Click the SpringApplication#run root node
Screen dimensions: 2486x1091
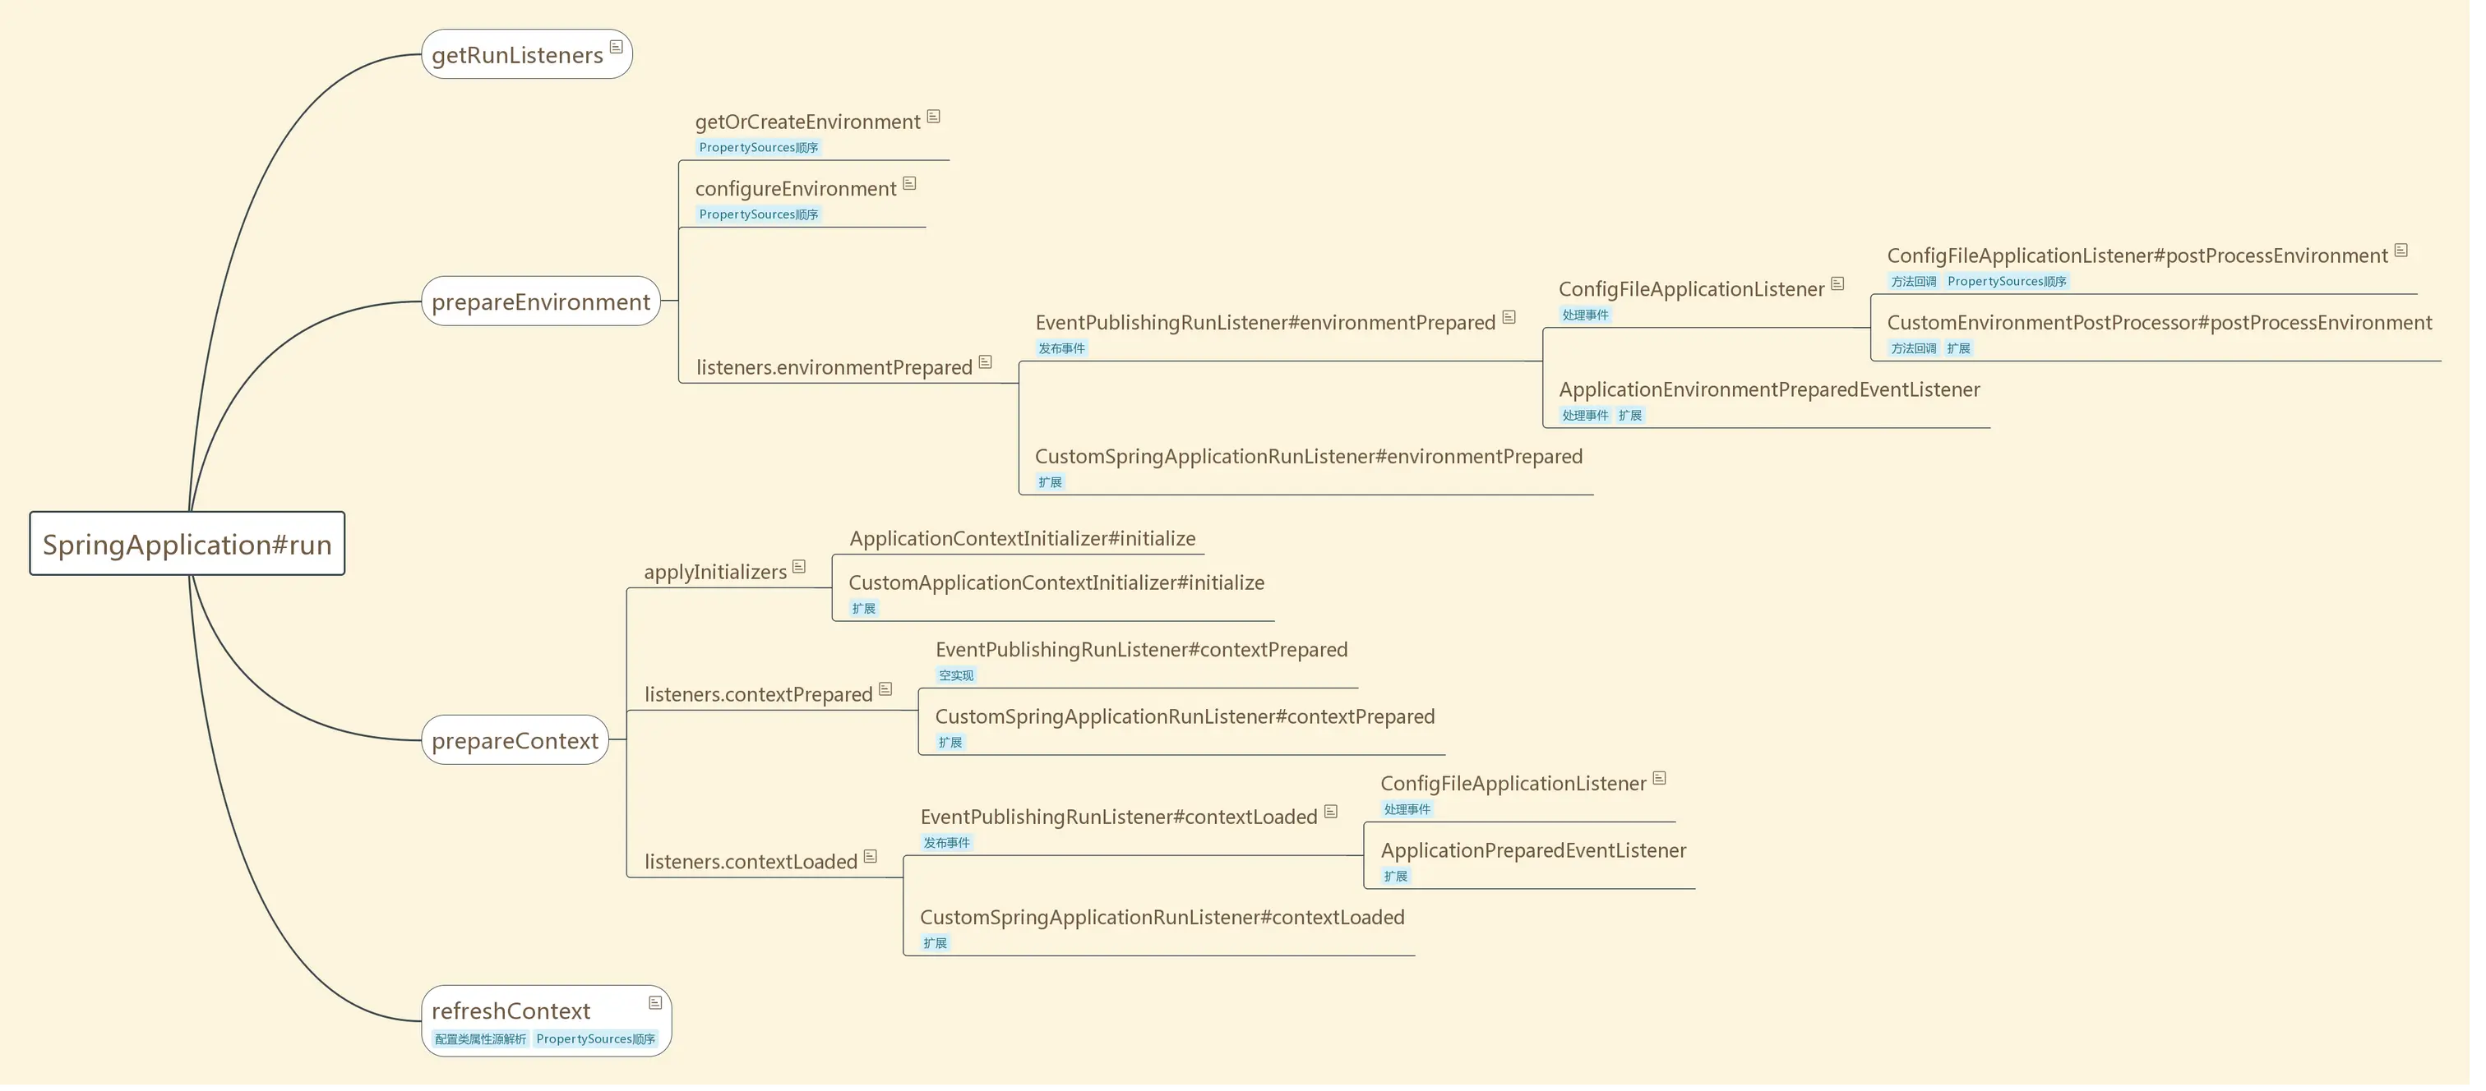tap(187, 544)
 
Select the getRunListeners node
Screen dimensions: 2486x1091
tap(517, 55)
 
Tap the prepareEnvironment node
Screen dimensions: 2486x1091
tap(540, 302)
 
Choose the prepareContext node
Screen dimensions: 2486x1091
tap(515, 741)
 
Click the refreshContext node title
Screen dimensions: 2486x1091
tap(511, 1011)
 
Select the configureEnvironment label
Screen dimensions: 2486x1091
tap(795, 189)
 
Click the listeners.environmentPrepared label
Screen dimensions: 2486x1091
tap(834, 367)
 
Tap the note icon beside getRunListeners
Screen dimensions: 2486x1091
tap(617, 48)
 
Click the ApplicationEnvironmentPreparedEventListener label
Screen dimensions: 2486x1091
tap(1769, 389)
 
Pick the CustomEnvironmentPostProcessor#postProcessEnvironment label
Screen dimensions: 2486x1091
tap(2159, 323)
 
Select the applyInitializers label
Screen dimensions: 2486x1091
tap(715, 572)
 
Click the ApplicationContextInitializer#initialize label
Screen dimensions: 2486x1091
tap(1022, 538)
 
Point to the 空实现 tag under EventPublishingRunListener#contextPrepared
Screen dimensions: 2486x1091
tap(956, 675)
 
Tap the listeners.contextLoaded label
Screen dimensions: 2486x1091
tap(751, 862)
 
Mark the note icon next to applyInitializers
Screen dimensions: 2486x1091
tap(799, 567)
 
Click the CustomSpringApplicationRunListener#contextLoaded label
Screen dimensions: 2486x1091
tap(1162, 918)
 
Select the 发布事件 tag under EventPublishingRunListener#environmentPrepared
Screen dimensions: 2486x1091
tap(1061, 348)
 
